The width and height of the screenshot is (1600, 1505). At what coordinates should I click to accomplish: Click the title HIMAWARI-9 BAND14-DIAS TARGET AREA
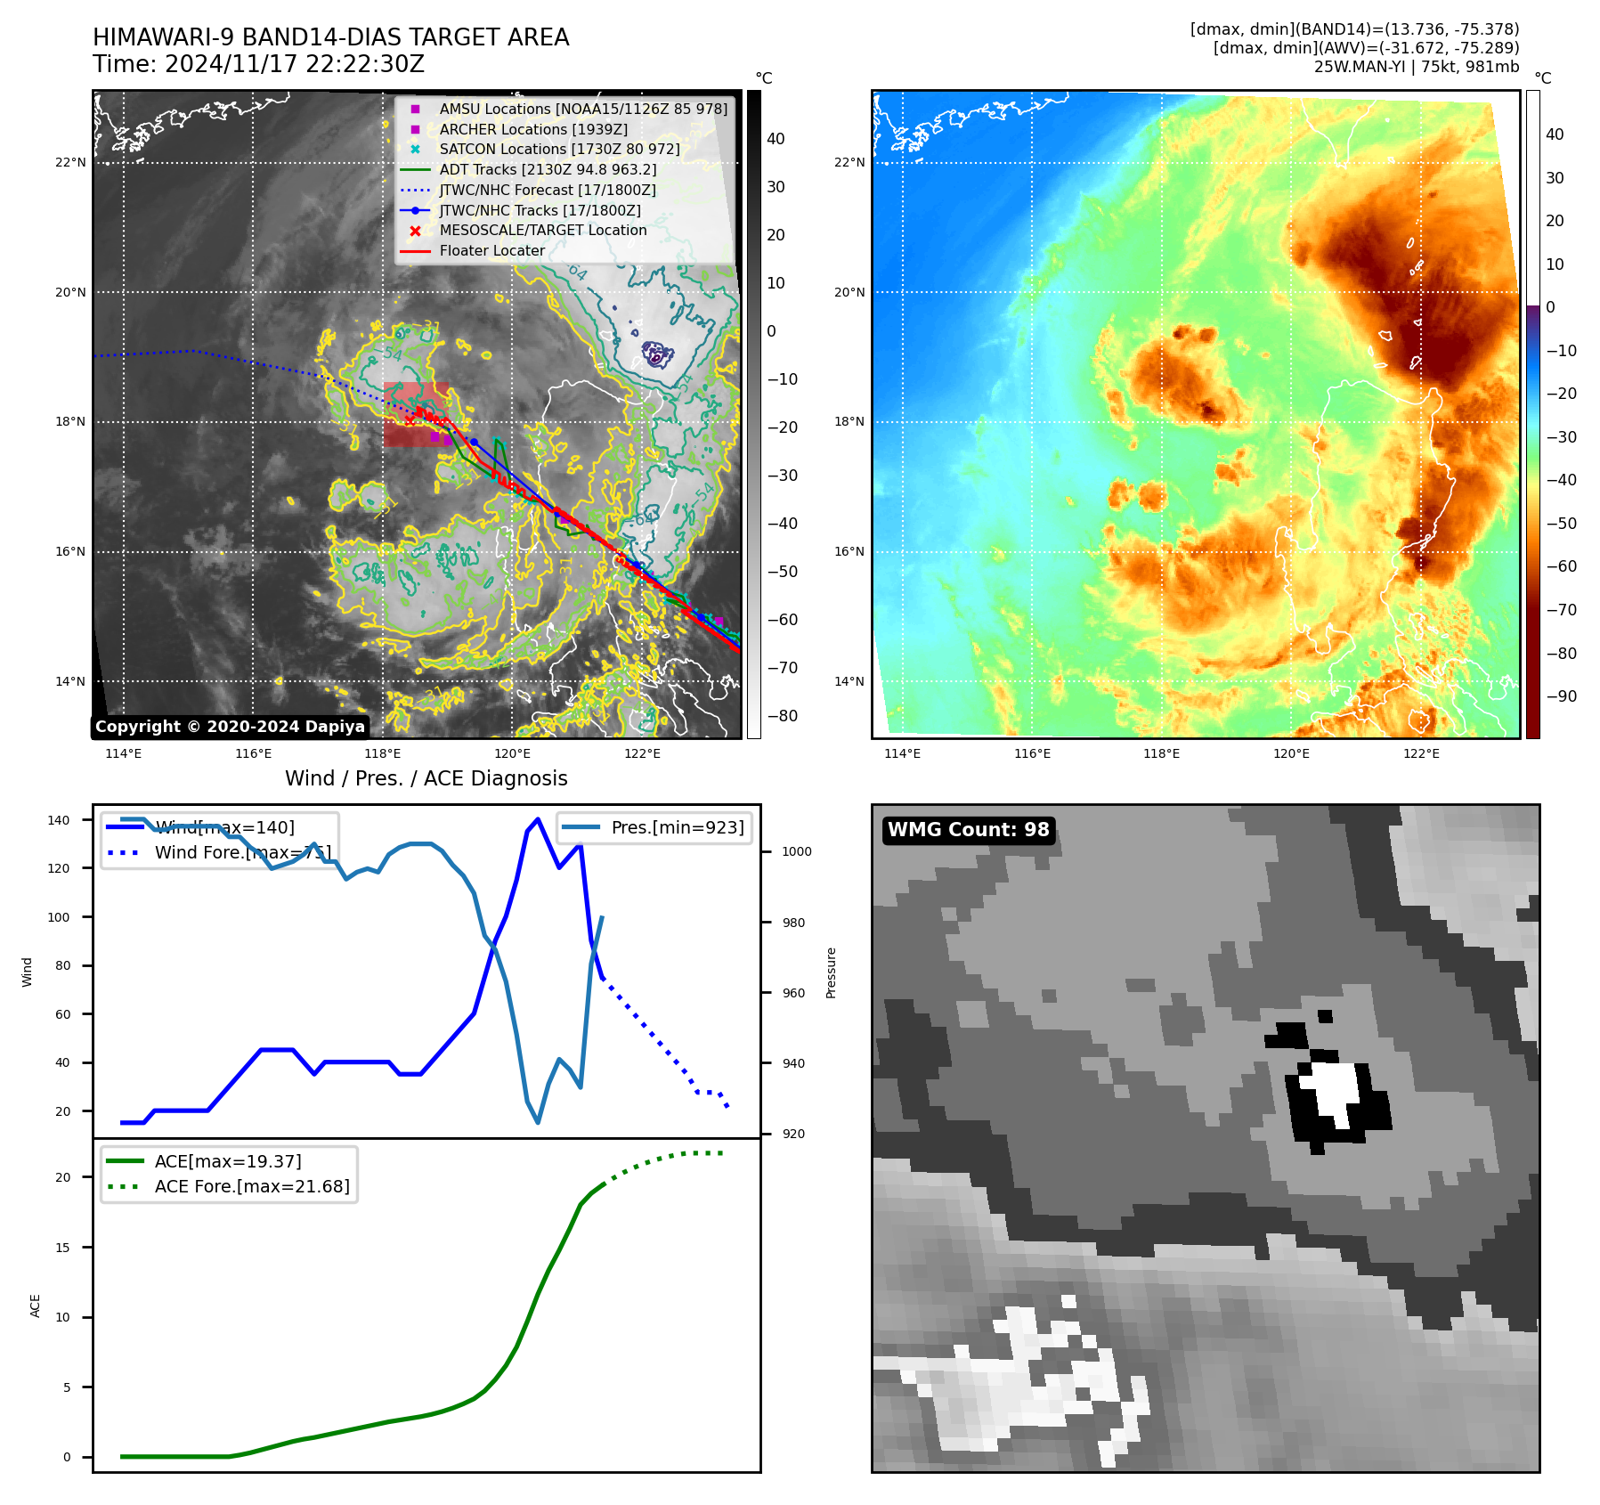pos(330,37)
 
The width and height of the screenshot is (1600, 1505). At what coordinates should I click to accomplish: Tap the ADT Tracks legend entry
pos(548,169)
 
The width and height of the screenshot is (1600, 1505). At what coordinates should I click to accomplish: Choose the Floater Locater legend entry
pos(491,251)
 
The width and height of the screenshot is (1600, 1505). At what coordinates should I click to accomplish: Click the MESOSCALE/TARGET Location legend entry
pos(542,230)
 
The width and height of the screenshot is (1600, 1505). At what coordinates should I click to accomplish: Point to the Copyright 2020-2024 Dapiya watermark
pos(230,727)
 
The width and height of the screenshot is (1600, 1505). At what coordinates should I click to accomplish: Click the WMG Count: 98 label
pos(968,830)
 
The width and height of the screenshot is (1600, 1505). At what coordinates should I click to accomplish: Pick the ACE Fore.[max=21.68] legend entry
pos(252,1186)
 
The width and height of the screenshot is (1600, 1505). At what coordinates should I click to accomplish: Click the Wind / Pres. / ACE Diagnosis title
pos(426,778)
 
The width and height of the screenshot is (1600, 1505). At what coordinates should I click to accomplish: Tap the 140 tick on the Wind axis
pos(59,820)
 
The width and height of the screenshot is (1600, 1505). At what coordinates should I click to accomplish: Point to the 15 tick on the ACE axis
pos(62,1248)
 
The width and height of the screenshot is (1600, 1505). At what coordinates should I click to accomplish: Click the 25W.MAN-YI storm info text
pos(1416,67)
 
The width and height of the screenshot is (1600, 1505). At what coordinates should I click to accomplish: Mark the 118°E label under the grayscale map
pos(383,754)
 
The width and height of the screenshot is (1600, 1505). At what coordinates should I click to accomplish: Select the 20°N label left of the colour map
pos(849,292)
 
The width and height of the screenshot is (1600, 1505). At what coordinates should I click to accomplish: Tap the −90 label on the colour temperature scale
pos(1561,696)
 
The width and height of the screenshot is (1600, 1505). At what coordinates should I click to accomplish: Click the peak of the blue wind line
pos(538,818)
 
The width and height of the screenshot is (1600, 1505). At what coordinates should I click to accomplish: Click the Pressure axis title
pos(831,972)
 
